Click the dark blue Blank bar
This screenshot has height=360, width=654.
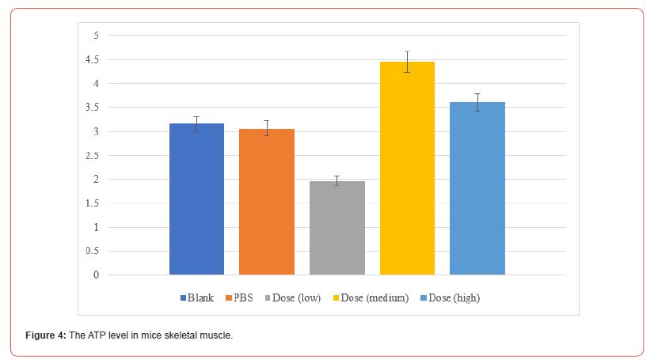coord(196,199)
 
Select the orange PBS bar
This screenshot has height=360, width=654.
coord(267,202)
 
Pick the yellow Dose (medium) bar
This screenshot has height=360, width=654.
coord(407,169)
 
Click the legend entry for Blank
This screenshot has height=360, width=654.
coord(198,298)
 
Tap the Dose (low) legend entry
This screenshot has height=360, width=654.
coord(291,298)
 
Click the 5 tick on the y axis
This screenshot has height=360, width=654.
coord(96,36)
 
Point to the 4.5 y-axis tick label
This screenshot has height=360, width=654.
coord(93,59)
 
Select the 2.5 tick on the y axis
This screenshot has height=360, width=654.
coord(93,156)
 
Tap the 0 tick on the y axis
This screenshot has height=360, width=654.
coord(96,275)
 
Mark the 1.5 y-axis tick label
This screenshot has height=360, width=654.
coord(93,203)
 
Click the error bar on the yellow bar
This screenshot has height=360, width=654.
coord(407,62)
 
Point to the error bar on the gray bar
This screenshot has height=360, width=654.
coord(337,180)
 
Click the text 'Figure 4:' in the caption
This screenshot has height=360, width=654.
coord(44,335)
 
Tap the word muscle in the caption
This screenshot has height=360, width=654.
coord(218,335)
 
